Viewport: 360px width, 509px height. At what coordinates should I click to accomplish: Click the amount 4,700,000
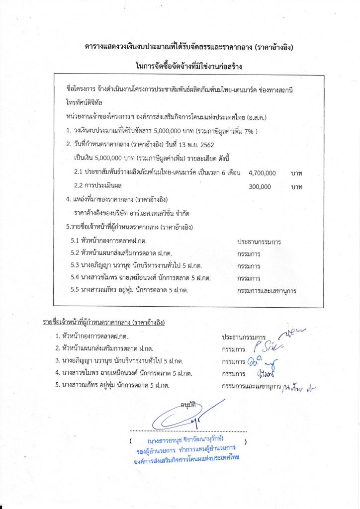(x=262, y=173)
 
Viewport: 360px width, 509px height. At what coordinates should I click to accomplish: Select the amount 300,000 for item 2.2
(x=259, y=187)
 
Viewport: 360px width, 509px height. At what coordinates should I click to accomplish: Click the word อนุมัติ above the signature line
(x=187, y=405)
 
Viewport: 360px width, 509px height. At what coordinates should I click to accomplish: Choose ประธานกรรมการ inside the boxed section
(x=259, y=242)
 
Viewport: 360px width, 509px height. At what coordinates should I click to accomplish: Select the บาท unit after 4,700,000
(x=297, y=173)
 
